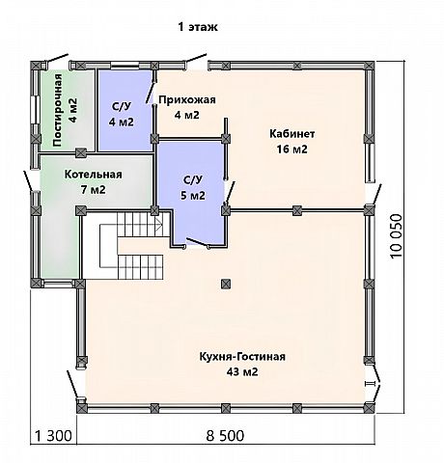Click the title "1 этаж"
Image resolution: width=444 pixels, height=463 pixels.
point(198,27)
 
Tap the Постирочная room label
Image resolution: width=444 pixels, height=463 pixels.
point(57,110)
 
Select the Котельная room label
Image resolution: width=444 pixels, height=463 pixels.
point(94,175)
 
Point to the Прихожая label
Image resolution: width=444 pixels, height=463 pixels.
point(187,100)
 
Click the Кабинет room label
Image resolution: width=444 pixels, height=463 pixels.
point(291,134)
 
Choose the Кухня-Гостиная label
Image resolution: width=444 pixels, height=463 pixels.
point(242,357)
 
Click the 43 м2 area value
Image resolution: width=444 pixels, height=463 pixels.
point(242,372)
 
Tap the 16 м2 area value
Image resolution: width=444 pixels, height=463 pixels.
point(291,150)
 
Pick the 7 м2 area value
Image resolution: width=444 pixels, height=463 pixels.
point(94,190)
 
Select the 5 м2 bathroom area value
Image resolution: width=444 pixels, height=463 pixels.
point(193,196)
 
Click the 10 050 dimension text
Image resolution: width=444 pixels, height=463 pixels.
point(397,236)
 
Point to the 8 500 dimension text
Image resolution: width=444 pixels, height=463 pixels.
point(225,436)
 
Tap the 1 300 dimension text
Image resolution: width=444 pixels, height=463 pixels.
point(53,436)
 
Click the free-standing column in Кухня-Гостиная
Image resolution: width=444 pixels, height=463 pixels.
point(226,284)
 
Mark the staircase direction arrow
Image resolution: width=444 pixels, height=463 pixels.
point(159,224)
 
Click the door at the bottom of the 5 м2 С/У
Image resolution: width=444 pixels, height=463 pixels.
point(198,243)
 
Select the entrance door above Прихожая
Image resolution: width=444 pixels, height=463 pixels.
point(195,61)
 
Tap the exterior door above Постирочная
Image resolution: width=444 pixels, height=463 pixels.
point(57,61)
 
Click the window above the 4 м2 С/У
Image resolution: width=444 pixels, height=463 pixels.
point(125,66)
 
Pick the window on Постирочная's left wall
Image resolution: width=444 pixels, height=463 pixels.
point(35,109)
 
